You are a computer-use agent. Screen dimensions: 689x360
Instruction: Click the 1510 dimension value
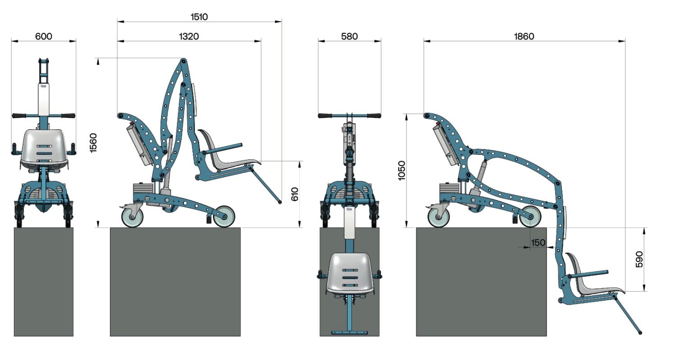(199, 17)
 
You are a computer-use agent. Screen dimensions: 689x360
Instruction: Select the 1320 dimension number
(189, 36)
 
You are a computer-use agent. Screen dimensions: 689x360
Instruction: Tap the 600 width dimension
(44, 36)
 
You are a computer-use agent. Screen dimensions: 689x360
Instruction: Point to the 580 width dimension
(349, 36)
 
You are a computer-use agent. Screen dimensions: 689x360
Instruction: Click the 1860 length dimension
(524, 36)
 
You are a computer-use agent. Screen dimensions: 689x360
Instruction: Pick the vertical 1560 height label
(93, 143)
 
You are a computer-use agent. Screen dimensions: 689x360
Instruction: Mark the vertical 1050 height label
(402, 171)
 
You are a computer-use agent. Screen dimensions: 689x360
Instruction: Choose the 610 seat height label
(294, 194)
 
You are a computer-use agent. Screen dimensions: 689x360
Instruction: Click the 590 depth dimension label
(639, 259)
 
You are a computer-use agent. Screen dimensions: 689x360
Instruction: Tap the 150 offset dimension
(538, 243)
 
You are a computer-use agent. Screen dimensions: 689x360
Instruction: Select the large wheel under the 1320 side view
(224, 217)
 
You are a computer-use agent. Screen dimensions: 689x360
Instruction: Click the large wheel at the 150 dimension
(530, 217)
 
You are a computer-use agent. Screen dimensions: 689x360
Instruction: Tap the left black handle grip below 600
(19, 116)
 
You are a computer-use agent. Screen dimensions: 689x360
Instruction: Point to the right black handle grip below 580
(374, 116)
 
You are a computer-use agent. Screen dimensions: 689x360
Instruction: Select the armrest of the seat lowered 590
(588, 273)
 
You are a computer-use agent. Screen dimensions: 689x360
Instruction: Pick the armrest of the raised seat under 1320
(222, 148)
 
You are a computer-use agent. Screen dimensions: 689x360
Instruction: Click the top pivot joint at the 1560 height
(184, 61)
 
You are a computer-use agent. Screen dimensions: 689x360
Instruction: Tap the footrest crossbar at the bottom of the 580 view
(349, 332)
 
